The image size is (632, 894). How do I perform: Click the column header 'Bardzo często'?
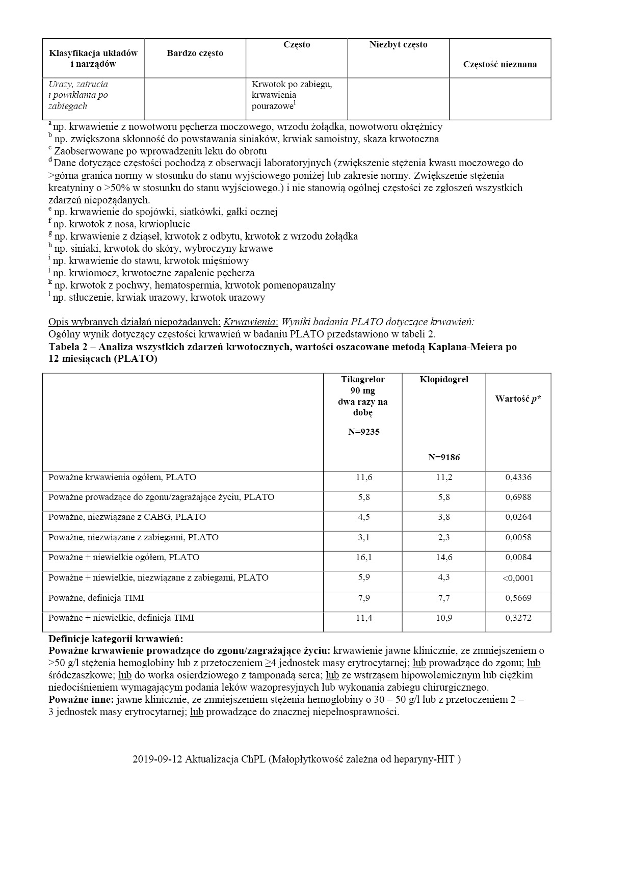pyautogui.click(x=195, y=53)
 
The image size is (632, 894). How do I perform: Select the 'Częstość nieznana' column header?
pyautogui.click(x=499, y=64)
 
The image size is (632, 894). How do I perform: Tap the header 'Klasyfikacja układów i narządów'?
pyautogui.click(x=93, y=59)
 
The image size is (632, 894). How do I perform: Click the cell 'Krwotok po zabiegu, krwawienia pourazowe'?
pyautogui.click(x=292, y=95)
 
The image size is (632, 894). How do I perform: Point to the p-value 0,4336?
pyautogui.click(x=518, y=478)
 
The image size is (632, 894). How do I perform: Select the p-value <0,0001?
pyautogui.click(x=518, y=578)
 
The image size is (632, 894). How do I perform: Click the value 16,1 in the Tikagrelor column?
pyautogui.click(x=363, y=558)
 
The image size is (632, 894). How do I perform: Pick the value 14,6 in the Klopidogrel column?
pyautogui.click(x=444, y=558)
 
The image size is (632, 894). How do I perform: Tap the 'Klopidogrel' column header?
pyautogui.click(x=444, y=380)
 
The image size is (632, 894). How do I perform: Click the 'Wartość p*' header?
pyautogui.click(x=518, y=399)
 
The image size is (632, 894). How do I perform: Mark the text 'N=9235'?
pyautogui.click(x=363, y=432)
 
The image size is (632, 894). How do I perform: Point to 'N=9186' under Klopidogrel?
pyautogui.click(x=444, y=458)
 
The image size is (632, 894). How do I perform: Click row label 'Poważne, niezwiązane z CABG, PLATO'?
pyautogui.click(x=127, y=517)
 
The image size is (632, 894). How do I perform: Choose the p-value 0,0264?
pyautogui.click(x=518, y=517)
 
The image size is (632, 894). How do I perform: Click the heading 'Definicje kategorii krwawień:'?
pyautogui.click(x=115, y=639)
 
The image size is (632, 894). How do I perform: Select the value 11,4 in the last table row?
pyautogui.click(x=363, y=618)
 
